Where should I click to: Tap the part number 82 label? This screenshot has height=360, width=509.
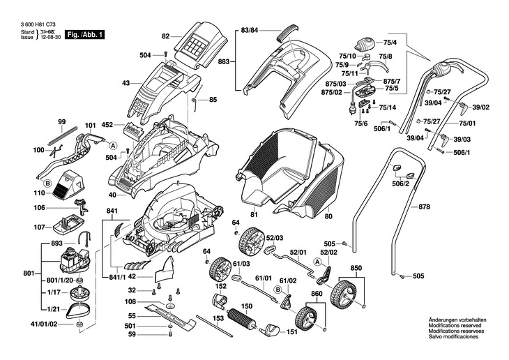pos(166,36)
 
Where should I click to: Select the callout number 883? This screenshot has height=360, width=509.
pos(224,61)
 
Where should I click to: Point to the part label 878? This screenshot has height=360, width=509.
pos(425,207)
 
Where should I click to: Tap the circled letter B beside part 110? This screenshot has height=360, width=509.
pos(48,183)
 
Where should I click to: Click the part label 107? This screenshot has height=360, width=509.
pos(39,227)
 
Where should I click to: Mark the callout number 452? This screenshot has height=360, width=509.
pos(107,126)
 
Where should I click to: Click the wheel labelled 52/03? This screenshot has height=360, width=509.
pos(248,243)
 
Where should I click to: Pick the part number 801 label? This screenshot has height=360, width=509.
pos(28,273)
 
